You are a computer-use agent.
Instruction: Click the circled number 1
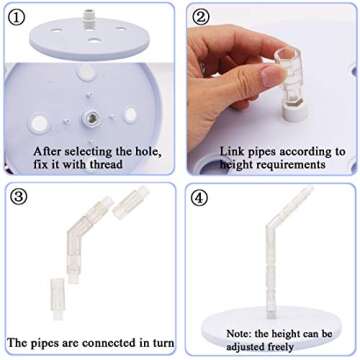click(17, 17)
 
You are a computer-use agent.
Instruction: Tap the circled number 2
click(201, 17)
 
